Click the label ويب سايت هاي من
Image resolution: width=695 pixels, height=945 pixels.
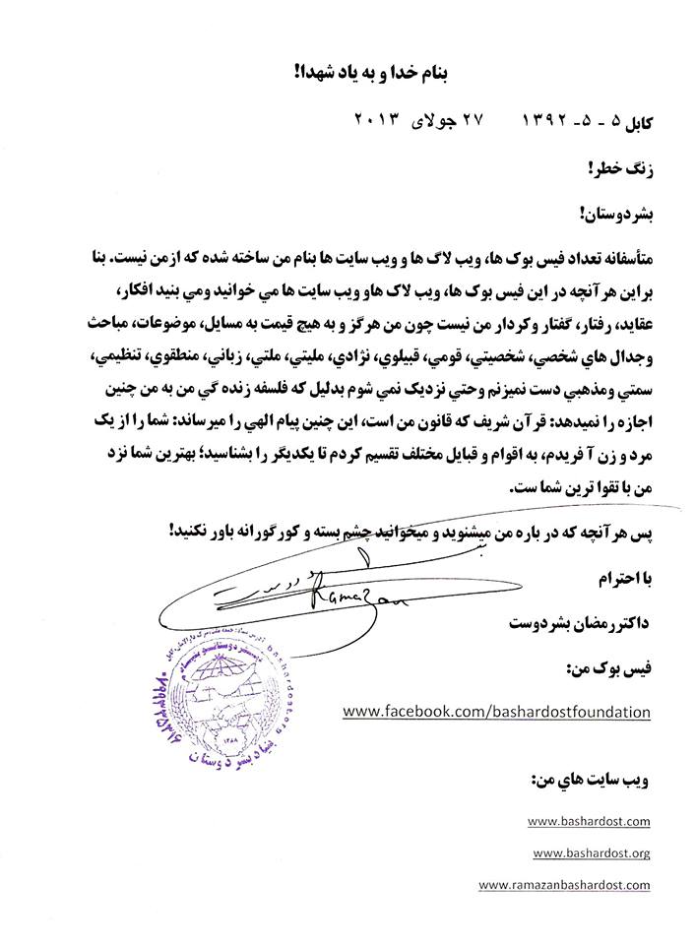click(598, 780)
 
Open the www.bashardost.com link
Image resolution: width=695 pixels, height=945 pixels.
click(589, 819)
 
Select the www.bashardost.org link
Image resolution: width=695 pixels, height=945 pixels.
click(591, 852)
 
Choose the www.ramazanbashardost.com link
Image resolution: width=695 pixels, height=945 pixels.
click(564, 885)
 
